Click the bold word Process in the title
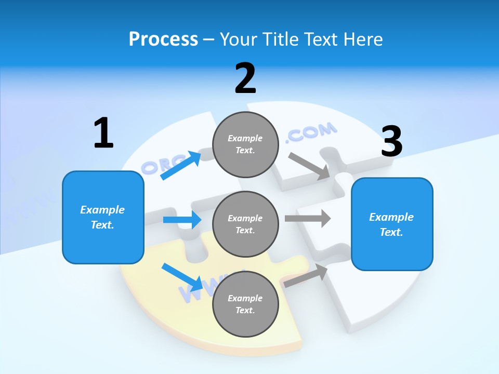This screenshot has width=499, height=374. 163,39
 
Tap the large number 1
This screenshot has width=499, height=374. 103,133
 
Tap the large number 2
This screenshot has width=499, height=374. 245,78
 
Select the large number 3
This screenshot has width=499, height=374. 391,141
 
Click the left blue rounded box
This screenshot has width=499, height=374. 103,218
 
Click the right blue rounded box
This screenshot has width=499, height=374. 392,224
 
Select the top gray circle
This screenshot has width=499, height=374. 245,144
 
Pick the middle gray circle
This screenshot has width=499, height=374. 245,224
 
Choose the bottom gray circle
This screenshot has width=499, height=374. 245,304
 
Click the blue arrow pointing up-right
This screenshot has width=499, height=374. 181,166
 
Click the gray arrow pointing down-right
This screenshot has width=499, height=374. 310,166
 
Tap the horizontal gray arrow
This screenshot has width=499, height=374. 308,219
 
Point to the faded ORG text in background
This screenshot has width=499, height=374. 156,165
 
